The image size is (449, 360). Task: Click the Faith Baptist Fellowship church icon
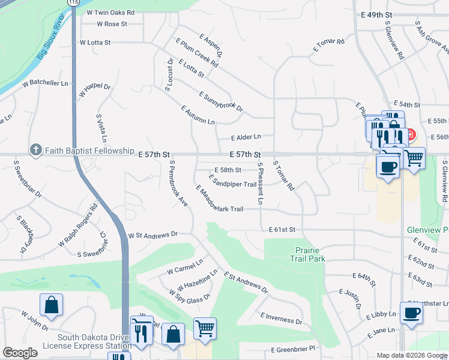coord(35,150)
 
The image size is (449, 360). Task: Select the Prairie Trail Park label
coord(310,254)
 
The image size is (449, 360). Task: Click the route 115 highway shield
coord(73,2)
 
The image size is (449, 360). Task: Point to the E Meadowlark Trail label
coord(219,199)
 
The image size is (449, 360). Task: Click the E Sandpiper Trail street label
coord(232,181)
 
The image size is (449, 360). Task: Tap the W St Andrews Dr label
coord(153,235)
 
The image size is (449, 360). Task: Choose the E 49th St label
coord(376,14)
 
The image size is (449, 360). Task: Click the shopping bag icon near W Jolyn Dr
coord(52,304)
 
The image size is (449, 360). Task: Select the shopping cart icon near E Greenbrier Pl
coord(205,328)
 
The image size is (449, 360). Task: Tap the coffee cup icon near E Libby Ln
coord(412,313)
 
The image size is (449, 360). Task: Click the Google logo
coord(20,353)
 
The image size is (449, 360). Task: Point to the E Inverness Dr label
coord(281,318)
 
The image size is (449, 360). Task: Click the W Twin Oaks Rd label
coord(110,12)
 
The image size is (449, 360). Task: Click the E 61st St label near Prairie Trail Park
coord(282,230)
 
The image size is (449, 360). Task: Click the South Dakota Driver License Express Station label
coord(87,341)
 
